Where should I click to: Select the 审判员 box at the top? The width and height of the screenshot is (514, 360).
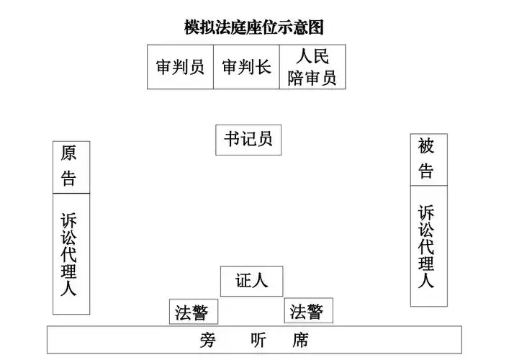(x=180, y=67)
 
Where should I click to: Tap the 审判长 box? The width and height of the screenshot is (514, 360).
(x=246, y=67)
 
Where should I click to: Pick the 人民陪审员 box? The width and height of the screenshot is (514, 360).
(x=312, y=67)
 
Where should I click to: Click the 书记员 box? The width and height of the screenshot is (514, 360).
(x=248, y=140)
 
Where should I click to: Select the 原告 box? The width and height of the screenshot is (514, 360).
(x=71, y=167)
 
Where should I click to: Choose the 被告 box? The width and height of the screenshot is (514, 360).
(x=428, y=160)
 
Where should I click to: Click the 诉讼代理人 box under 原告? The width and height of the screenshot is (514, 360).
(x=71, y=253)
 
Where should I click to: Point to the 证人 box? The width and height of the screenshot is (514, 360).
(x=251, y=281)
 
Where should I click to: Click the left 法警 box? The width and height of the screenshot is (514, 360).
(x=193, y=312)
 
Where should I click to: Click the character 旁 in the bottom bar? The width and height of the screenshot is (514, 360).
(x=209, y=341)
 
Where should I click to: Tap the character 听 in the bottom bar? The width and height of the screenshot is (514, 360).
(x=255, y=341)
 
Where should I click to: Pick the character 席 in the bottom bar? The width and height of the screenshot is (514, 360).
(x=301, y=341)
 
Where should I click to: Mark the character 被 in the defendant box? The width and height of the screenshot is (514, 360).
(x=427, y=147)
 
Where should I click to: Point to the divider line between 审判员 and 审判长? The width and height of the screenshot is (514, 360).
(x=213, y=67)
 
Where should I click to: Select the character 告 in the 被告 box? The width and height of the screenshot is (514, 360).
(x=427, y=172)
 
